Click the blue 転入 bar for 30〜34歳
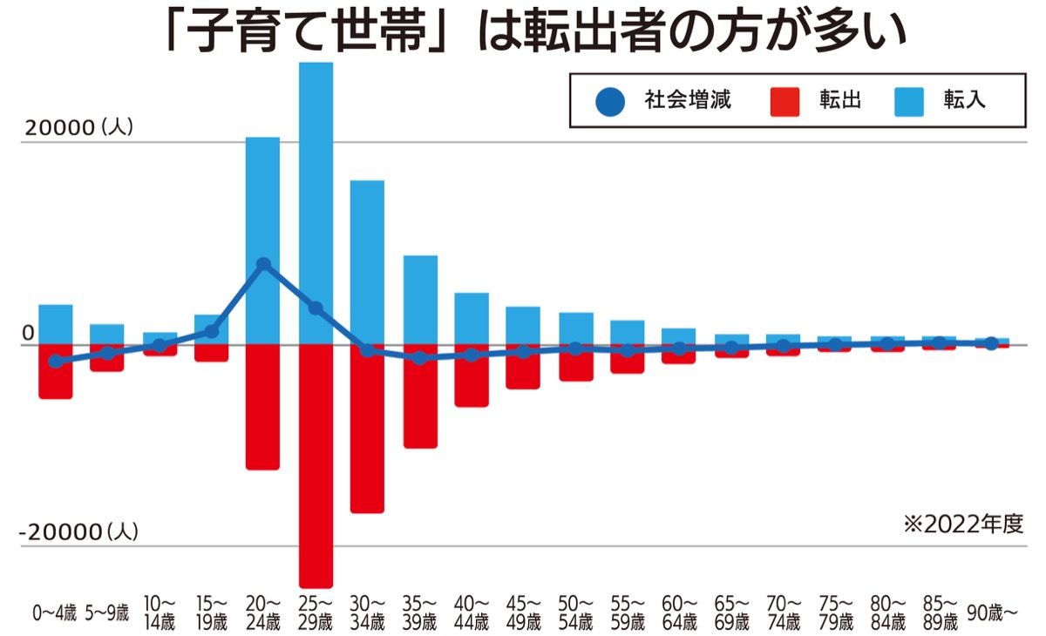tap(367, 261)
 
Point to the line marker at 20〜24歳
tap(263, 264)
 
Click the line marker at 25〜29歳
tap(316, 308)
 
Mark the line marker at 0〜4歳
tap(56, 362)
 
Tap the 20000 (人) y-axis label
tap(78, 127)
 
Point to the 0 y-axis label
tap(27, 333)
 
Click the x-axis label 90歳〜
tap(992, 613)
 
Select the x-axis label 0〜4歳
tap(56, 613)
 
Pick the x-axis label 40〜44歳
tap(472, 613)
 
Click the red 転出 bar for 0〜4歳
tap(56, 375)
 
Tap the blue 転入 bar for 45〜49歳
tap(523, 325)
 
